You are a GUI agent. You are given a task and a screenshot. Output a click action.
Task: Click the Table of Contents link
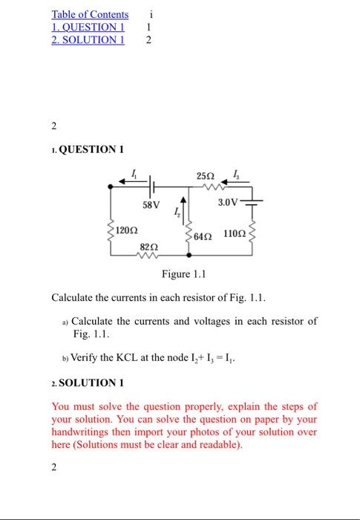pos(90,14)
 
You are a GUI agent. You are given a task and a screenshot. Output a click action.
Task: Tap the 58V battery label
pos(151,204)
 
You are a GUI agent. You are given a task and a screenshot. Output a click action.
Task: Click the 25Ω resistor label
pos(206,175)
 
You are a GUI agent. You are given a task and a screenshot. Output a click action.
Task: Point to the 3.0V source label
pos(229,202)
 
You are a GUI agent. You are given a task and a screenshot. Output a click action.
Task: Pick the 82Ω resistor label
pos(149,245)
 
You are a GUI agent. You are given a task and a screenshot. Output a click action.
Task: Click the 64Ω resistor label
pos(203,235)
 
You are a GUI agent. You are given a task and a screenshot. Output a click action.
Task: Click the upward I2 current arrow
pos(183,204)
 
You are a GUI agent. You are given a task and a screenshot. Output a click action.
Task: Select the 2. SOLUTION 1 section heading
pos(88,383)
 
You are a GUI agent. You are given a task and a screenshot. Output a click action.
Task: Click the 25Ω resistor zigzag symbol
pos(206,186)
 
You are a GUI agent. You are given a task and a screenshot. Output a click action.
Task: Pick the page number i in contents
pos(151,14)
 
